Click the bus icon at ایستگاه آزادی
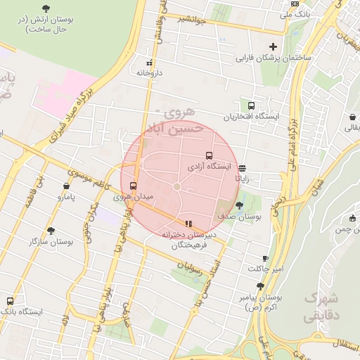coord(208,156)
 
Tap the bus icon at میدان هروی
coord(134,186)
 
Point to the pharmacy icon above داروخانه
coord(148,61)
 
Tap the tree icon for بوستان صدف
coord(240,205)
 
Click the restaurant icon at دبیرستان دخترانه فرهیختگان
coord(188,224)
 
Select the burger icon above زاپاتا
coord(243,168)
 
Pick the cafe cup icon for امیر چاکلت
coord(265,258)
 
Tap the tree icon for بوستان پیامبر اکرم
coord(260,286)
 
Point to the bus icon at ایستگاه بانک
coord(10,300)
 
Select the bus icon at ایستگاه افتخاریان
coord(252,104)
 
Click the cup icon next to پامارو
coord(65,187)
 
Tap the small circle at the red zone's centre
coord(177,186)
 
